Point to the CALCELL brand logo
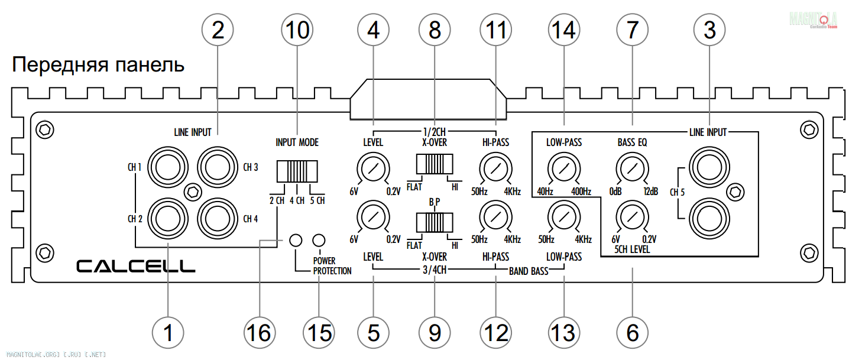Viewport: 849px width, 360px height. click(x=136, y=267)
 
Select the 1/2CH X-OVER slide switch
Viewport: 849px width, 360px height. click(x=435, y=163)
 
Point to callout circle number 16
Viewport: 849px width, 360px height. click(x=258, y=333)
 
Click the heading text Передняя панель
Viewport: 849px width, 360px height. click(x=98, y=65)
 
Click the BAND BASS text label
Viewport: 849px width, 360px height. click(x=529, y=273)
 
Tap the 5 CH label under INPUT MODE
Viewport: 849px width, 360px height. click(x=317, y=200)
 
